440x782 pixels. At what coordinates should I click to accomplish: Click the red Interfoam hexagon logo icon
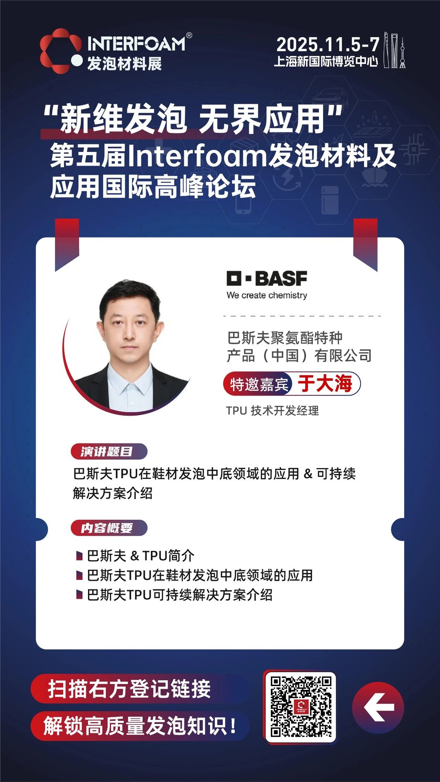[x=61, y=51]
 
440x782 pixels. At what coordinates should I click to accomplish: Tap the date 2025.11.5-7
[x=328, y=45]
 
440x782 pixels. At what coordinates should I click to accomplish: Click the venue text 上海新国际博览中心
[x=326, y=61]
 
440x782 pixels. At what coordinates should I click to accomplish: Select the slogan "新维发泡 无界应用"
[x=193, y=118]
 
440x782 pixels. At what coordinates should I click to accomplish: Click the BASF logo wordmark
[x=267, y=278]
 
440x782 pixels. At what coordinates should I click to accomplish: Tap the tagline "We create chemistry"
[x=267, y=295]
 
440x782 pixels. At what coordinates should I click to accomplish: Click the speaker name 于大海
[x=325, y=383]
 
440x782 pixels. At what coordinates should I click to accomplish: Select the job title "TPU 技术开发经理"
[x=273, y=410]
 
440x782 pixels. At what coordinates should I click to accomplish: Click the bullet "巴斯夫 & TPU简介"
[x=141, y=555]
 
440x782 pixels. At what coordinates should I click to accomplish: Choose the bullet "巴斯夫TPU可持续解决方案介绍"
[x=180, y=595]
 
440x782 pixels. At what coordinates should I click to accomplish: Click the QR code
[x=301, y=707]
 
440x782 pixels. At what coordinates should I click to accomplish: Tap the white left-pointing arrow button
[x=378, y=707]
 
